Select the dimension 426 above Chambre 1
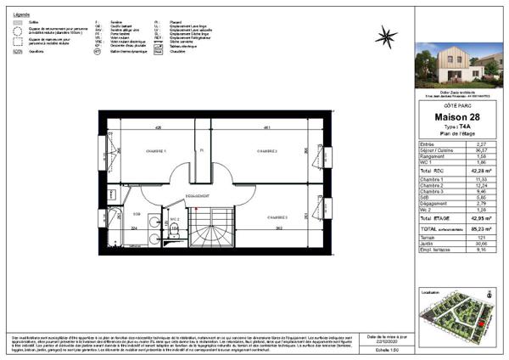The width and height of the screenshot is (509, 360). (158, 127)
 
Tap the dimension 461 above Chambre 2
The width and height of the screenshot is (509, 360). (267, 127)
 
